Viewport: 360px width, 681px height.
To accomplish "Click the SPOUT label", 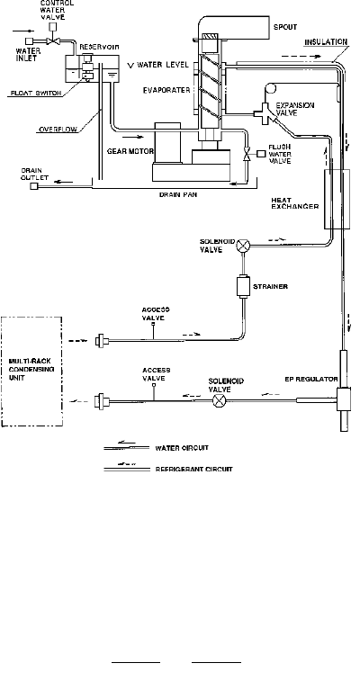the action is (x=285, y=27).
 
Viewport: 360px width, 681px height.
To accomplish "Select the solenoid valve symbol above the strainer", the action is (x=243, y=246).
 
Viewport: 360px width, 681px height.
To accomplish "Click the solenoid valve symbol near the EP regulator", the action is (x=219, y=400).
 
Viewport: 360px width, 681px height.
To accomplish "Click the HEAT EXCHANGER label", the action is (x=295, y=203).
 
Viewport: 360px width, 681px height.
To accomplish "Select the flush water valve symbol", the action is (x=247, y=154).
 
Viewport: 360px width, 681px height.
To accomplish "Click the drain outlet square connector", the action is (x=34, y=186).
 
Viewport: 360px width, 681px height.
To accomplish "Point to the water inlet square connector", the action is (x=29, y=41).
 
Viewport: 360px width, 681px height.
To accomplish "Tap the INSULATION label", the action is (x=326, y=42).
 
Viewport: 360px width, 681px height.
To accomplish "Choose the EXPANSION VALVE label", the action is (x=295, y=109).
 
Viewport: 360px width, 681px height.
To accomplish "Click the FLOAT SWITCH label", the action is (x=36, y=94).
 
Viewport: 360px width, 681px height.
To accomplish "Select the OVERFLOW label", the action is (x=58, y=130).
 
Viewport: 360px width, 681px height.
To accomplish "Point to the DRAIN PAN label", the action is (x=178, y=194).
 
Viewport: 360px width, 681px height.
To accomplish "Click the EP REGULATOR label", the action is (x=310, y=379).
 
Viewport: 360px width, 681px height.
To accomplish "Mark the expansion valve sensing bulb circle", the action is (x=271, y=88).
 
